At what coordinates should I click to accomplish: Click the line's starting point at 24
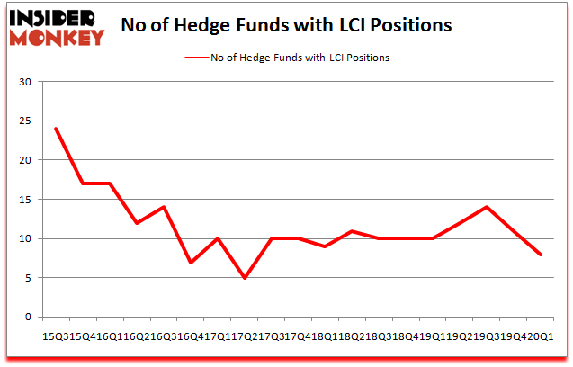coord(56,129)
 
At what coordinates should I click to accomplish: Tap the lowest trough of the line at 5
coord(245,278)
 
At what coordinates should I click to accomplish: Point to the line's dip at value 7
coord(191,263)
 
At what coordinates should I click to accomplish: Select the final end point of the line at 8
coord(542,255)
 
